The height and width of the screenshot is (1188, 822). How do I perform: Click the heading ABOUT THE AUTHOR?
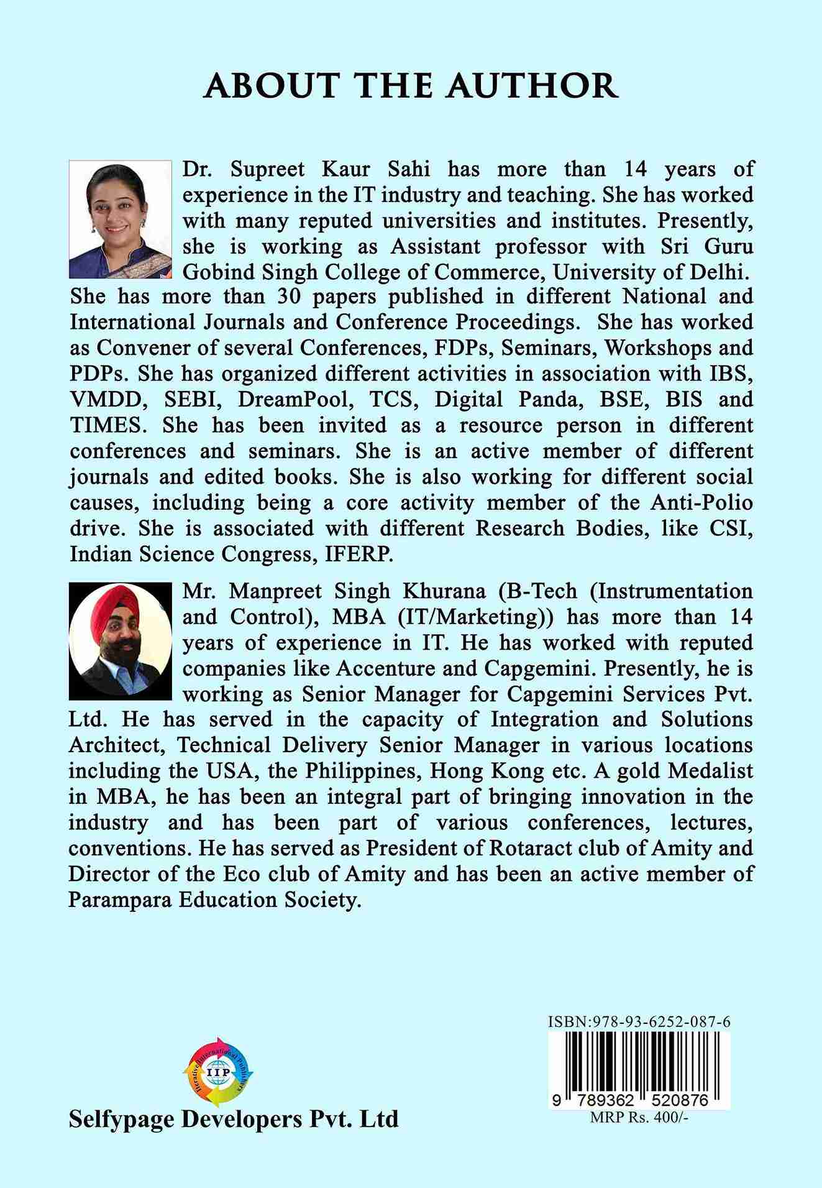tap(411, 86)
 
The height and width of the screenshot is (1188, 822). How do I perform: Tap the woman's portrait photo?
tap(121, 219)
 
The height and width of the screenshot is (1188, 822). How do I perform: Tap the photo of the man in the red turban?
tap(121, 640)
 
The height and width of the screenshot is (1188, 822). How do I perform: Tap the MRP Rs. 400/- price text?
tap(640, 1117)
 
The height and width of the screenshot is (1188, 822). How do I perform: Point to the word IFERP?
tap(359, 554)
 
